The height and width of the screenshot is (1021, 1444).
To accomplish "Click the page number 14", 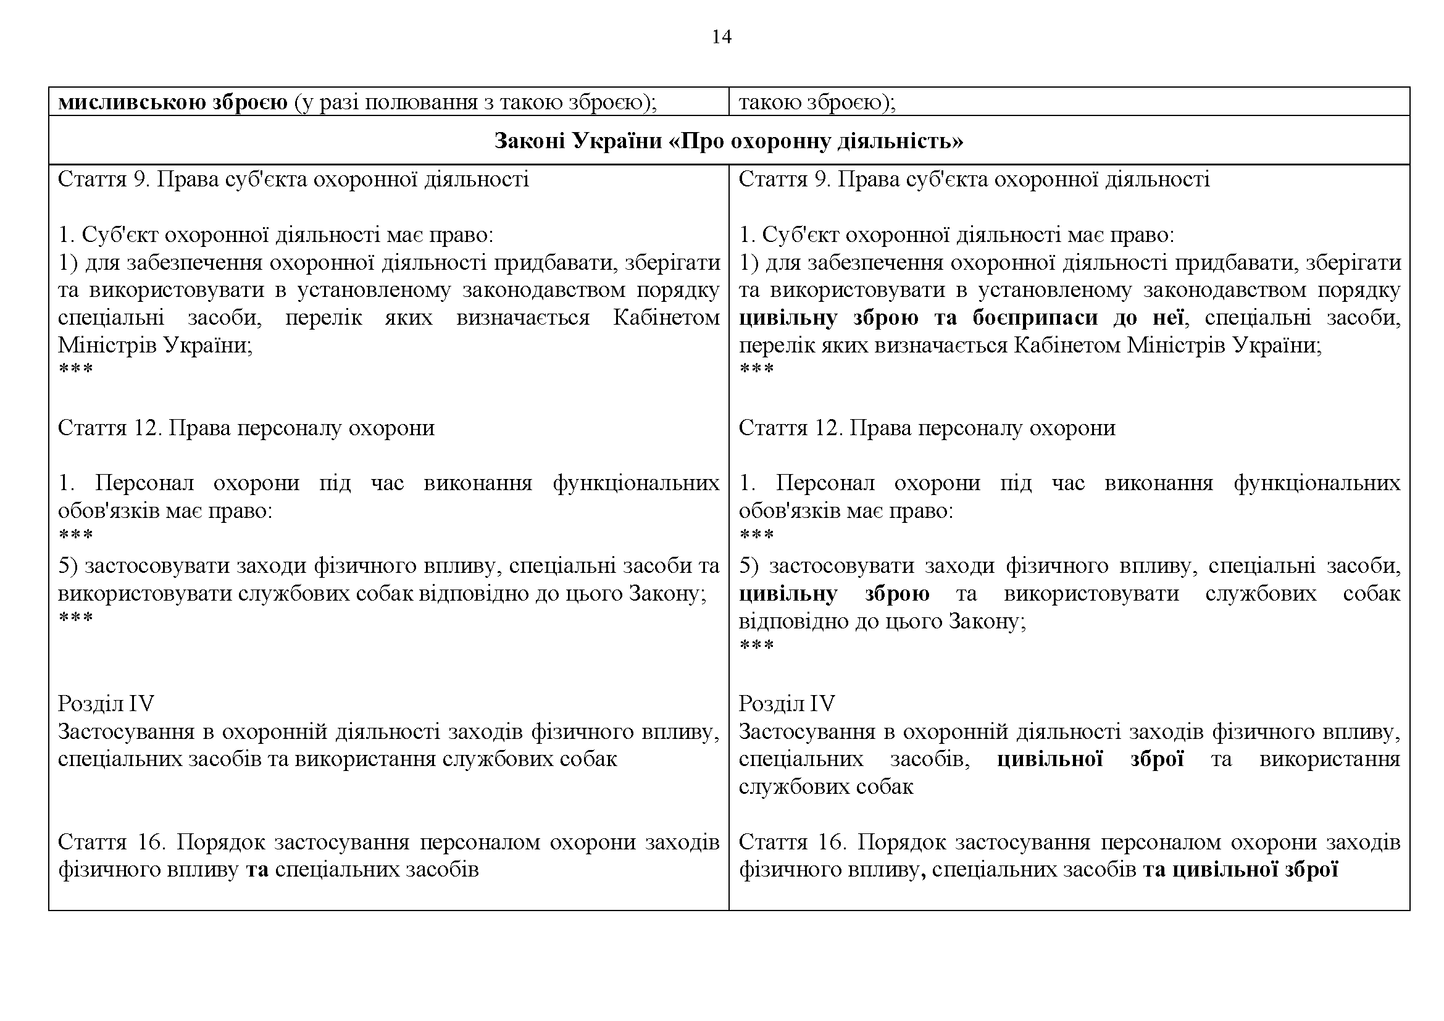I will (721, 38).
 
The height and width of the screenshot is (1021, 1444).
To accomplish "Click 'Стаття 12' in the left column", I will (109, 428).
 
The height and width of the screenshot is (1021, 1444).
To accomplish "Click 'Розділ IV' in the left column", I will (106, 704).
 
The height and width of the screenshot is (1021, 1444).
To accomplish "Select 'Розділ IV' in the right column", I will (786, 704).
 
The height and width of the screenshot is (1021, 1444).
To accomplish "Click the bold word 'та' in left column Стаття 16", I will (257, 870).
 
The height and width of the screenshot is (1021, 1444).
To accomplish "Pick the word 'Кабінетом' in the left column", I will (666, 318).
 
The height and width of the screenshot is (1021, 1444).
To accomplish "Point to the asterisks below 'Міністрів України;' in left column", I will (75, 369).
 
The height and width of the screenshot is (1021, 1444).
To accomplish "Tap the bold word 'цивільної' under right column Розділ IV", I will (1050, 759).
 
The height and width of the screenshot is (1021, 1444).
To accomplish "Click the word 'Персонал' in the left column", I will (144, 483).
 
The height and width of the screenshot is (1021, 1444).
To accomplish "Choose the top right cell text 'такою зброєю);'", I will (817, 102).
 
